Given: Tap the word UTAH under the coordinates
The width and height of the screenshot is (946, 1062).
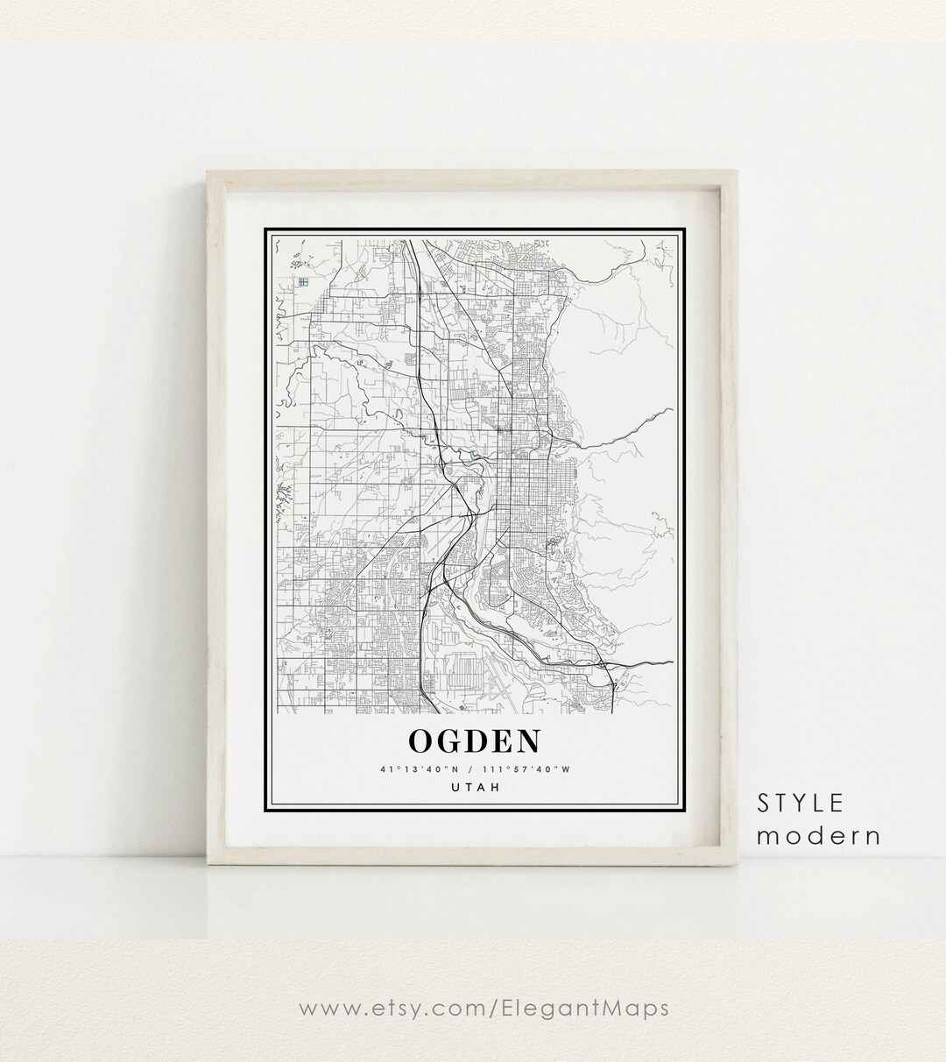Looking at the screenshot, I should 474,788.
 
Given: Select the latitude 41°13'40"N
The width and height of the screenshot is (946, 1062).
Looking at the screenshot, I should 417,769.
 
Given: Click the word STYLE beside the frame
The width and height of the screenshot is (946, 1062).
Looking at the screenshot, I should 801,803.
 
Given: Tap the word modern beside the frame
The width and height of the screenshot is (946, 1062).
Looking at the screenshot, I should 818,835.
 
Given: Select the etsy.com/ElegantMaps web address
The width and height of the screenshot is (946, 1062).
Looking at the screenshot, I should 473,1008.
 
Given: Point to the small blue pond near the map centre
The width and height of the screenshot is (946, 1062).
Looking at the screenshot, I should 475,456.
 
